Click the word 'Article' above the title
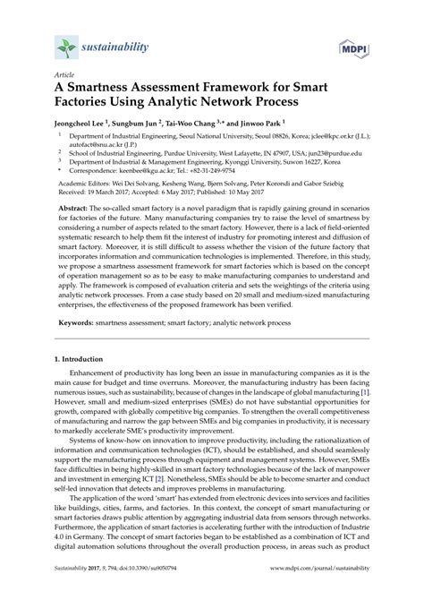coord(64,78)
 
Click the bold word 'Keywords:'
coord(90,371)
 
